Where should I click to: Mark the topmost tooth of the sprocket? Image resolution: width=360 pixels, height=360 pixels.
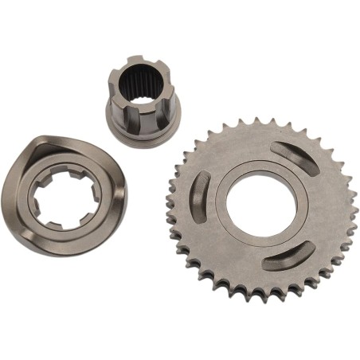click(x=260, y=120)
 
